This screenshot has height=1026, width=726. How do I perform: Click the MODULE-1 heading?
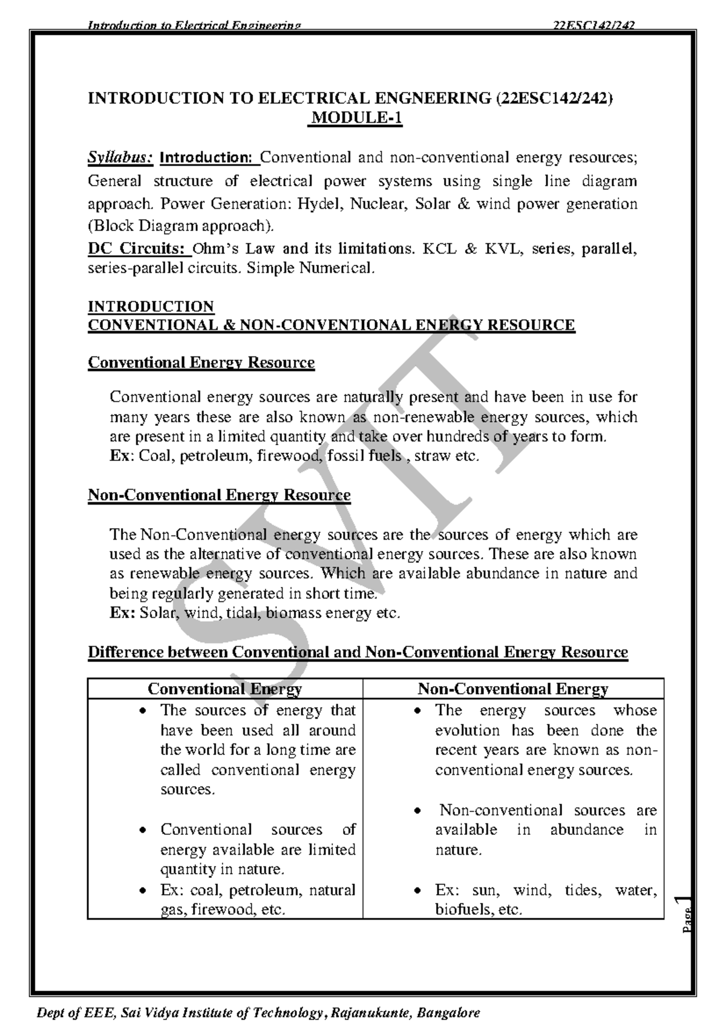356,119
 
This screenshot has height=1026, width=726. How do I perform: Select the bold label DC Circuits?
136,249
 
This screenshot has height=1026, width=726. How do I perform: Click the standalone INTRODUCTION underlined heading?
151,306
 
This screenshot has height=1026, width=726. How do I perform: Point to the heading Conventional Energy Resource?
201,362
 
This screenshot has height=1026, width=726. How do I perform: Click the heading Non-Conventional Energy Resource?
219,495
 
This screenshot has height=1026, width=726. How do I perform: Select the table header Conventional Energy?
224,689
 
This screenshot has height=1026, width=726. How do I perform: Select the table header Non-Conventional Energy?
512,689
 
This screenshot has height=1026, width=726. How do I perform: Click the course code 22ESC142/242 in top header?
594,25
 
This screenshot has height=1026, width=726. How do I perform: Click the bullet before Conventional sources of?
142,830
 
